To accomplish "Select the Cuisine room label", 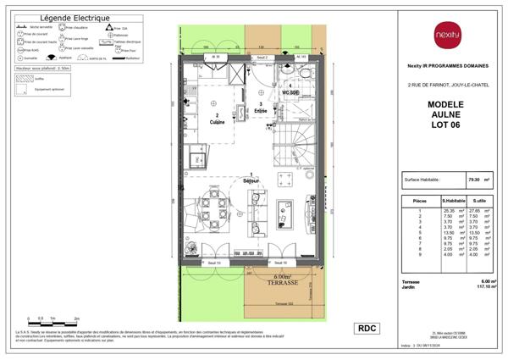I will (217, 119).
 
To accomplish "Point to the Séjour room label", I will (250, 180).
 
